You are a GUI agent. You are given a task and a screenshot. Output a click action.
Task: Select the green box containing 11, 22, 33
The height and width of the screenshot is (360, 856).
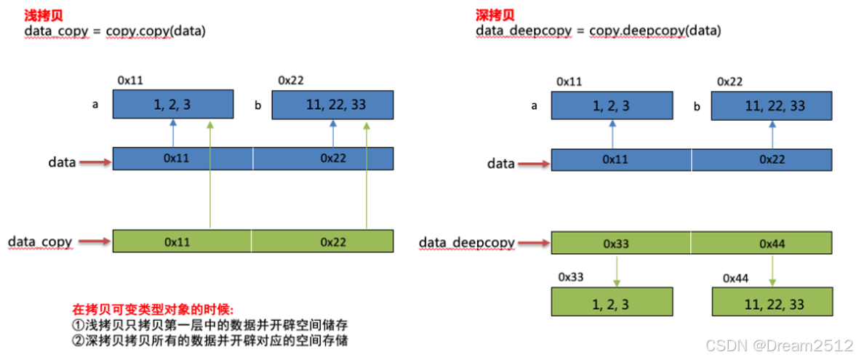772,303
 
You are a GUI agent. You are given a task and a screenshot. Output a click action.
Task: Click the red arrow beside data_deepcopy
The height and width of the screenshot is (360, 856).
534,243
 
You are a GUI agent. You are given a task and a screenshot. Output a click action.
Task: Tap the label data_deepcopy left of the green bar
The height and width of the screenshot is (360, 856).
467,243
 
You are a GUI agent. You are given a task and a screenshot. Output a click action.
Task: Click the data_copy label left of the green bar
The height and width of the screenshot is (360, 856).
40,241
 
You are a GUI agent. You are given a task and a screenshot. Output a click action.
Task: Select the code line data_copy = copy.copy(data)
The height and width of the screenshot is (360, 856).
115,31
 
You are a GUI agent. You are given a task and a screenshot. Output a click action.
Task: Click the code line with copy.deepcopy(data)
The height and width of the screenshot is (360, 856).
599,31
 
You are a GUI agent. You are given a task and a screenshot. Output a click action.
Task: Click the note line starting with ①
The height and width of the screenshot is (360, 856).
179,324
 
